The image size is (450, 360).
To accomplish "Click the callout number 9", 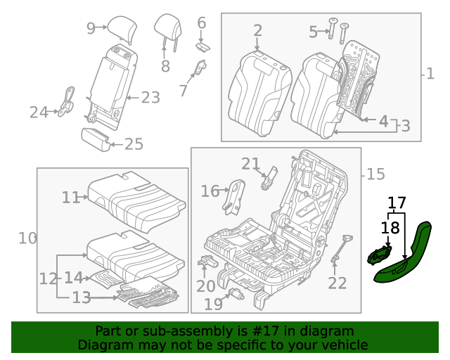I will click(91, 28).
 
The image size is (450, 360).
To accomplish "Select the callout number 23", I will click(150, 98).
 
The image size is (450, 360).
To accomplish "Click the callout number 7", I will click(183, 90).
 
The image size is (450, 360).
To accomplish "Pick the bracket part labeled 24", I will click(68, 101).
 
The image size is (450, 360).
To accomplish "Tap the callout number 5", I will click(313, 31).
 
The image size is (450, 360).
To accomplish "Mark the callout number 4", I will click(383, 121).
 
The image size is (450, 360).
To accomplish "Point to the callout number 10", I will click(27, 238).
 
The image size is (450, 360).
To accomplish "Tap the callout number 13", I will click(82, 298).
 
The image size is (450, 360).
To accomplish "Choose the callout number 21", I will click(250, 164).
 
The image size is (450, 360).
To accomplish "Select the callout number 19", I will click(213, 304).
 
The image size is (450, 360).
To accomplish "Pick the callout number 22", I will click(337, 283).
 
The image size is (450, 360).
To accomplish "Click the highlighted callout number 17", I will click(397, 203).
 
